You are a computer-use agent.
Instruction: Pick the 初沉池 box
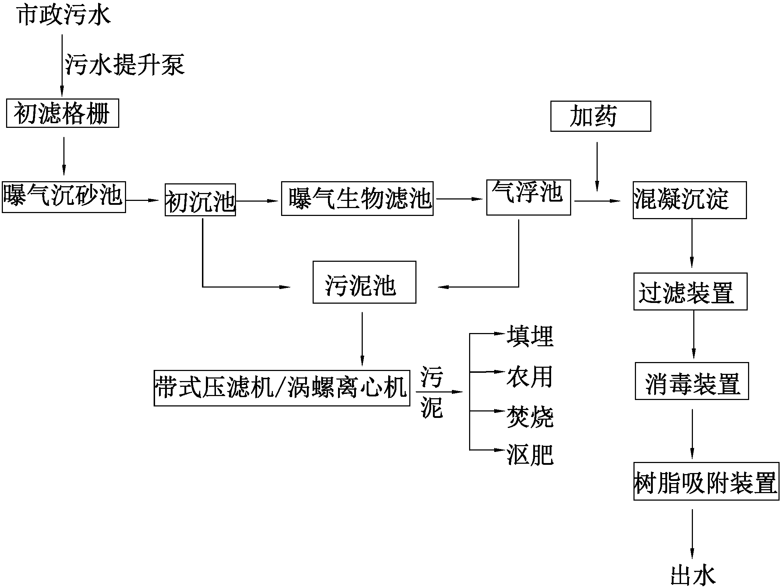pos(200,200)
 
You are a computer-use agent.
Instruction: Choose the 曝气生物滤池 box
pos(357,198)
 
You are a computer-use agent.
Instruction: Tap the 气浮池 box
pos(528,198)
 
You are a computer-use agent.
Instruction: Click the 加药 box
pos(601,116)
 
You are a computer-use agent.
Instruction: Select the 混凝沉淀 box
pos(689,200)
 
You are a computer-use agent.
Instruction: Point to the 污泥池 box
pos(364,282)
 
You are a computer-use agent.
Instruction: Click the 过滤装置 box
pos(690,291)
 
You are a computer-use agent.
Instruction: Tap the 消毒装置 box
pos(691,381)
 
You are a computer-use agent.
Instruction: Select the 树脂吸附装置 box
pos(706,481)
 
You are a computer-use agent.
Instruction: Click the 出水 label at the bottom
pos(693,575)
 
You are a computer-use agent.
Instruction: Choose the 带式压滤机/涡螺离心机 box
pos(282,388)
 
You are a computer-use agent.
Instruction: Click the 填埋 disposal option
pos(530,336)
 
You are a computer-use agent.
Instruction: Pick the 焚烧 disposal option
pos(530,417)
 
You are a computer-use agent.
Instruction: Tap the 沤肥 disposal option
pos(530,455)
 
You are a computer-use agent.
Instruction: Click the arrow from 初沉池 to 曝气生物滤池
pos(257,201)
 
